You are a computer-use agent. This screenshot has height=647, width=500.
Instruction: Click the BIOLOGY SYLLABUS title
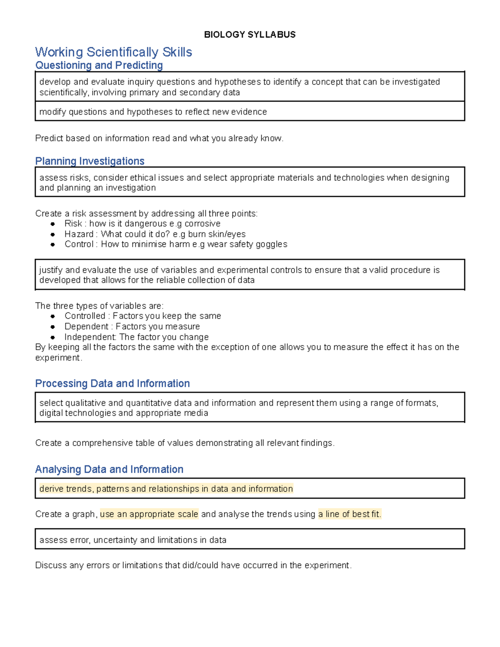tap(250, 35)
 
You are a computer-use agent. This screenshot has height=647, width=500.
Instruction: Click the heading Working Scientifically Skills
tap(113, 52)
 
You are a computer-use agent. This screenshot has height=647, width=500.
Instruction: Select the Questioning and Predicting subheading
tap(99, 65)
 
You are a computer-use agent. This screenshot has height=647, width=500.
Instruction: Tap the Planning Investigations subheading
tap(90, 161)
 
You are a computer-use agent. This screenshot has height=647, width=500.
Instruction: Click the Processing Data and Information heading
tap(112, 383)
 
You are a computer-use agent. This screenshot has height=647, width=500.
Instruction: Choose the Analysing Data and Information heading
tap(109, 470)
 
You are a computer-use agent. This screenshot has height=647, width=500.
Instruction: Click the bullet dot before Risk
tap(53, 224)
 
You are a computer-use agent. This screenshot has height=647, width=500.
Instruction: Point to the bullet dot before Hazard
tap(53, 234)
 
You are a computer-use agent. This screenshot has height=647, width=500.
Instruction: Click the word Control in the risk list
tap(79, 244)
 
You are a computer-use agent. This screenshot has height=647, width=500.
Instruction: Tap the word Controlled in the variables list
tap(85, 316)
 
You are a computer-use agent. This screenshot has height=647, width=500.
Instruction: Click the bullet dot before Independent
tap(53, 337)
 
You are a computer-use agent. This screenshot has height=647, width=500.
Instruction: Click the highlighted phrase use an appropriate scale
tap(149, 514)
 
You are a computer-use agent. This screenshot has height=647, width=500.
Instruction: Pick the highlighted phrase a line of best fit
tap(349, 514)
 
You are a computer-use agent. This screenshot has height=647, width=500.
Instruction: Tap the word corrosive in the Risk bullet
tap(202, 224)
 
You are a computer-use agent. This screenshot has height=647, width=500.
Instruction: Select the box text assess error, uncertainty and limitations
tap(132, 540)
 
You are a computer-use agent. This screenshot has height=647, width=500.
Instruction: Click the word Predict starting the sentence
tap(48, 138)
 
